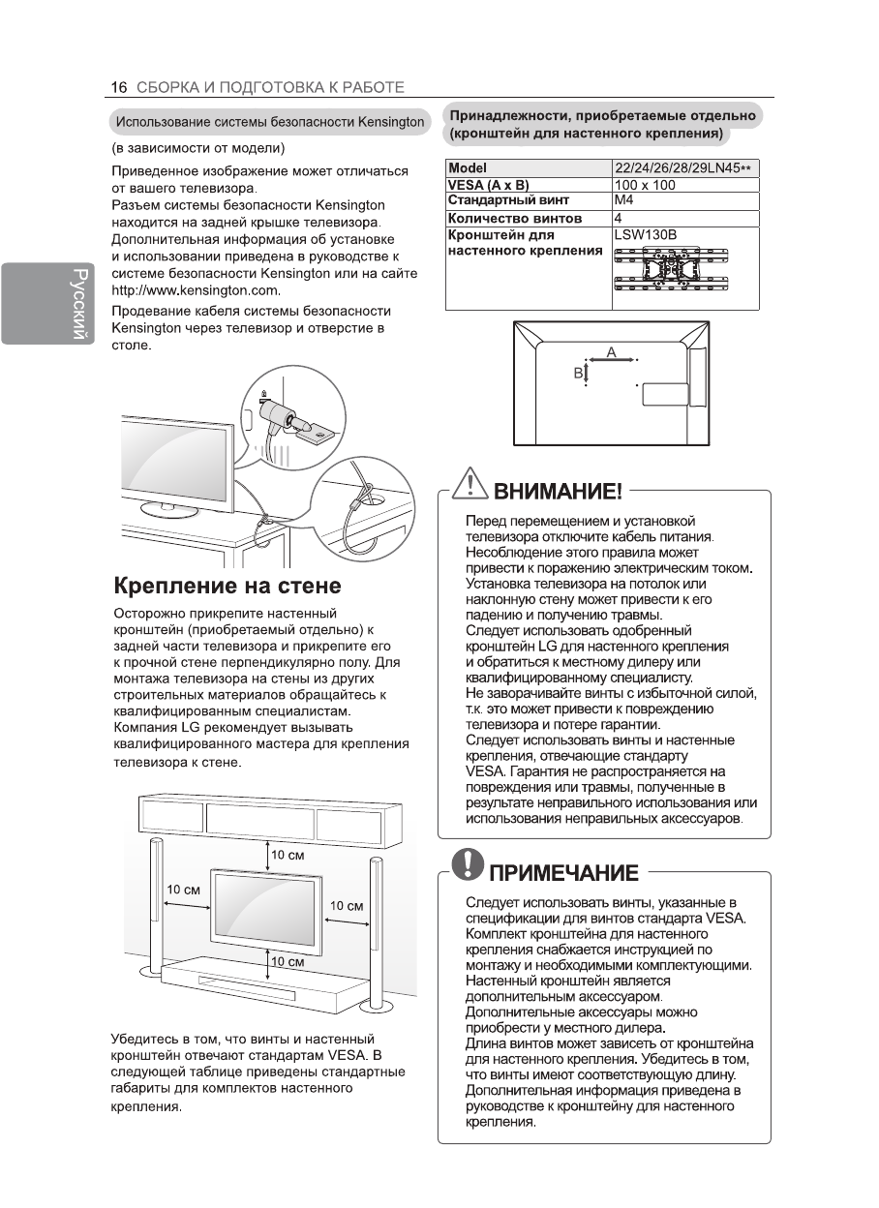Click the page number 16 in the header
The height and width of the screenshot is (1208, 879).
point(119,87)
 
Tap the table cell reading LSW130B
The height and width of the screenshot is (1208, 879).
point(645,235)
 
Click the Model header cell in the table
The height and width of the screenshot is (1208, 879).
point(468,168)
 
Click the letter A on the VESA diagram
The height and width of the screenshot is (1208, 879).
point(611,351)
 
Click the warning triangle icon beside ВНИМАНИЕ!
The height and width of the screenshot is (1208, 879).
point(470,484)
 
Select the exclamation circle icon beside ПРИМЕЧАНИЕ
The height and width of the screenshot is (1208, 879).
point(471,864)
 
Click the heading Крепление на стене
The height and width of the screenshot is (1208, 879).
point(227,586)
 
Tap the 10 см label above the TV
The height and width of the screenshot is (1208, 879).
point(288,856)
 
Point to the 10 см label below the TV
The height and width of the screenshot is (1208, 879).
point(288,962)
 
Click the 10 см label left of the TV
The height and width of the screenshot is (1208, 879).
point(184,890)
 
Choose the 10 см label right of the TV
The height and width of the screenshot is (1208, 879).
point(347,906)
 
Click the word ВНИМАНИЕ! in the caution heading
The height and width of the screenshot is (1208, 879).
point(559,492)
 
